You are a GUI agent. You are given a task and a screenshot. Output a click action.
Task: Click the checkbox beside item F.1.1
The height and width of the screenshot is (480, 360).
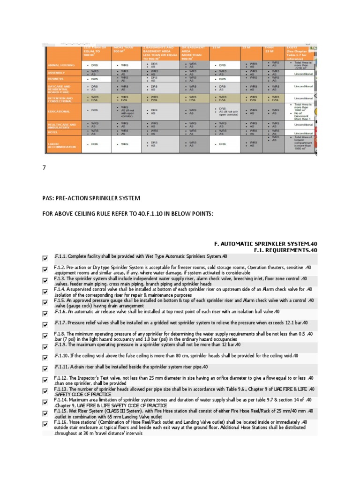pos(45,258)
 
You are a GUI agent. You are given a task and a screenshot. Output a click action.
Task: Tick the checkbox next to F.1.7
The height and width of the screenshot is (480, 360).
pos(45,324)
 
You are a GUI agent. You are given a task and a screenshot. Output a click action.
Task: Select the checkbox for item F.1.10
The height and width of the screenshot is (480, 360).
pos(45,357)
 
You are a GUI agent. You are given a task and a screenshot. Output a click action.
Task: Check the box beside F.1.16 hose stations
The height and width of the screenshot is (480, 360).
pos(45,425)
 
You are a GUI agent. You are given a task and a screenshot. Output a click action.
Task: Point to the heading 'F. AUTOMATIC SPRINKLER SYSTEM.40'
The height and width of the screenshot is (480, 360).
pos(266,243)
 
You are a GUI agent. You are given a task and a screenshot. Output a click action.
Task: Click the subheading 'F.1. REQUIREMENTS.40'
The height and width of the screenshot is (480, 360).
pos(285,250)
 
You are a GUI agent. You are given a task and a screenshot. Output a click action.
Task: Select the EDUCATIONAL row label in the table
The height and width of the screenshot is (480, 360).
pos(59,112)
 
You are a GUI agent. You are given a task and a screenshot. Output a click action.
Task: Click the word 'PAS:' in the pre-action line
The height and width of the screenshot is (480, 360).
pos(49,198)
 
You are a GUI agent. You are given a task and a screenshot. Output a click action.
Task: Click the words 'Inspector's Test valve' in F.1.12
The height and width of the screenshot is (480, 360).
pos(96,378)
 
